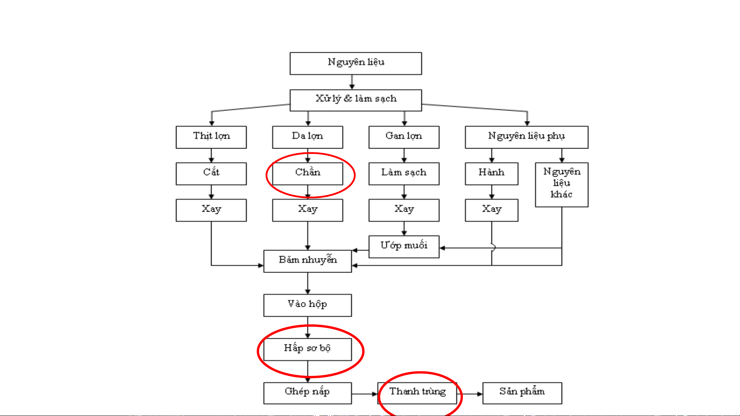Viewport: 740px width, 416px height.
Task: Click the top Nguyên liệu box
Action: [x=356, y=63]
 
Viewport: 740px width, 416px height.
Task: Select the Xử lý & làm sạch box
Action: [x=356, y=100]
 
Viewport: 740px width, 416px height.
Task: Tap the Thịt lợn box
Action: [x=211, y=137]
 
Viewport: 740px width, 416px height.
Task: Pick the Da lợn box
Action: [x=307, y=137]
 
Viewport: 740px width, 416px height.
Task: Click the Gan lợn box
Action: [x=404, y=137]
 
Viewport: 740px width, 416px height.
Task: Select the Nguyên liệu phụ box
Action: [x=526, y=137]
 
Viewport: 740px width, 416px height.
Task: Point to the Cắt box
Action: [x=211, y=174]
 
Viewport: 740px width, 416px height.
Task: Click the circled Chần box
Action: [x=307, y=174]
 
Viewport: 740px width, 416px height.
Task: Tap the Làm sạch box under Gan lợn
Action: [x=404, y=174]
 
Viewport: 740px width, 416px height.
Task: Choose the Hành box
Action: [x=492, y=174]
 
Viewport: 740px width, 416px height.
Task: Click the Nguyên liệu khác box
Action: [x=562, y=184]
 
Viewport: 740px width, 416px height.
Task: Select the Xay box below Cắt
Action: [x=211, y=210]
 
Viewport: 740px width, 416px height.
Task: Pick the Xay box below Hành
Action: [x=492, y=210]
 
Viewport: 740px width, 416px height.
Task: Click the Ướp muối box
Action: [x=404, y=247]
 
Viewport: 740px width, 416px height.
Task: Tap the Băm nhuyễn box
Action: [x=307, y=261]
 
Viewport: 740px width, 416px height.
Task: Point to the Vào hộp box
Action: [x=307, y=305]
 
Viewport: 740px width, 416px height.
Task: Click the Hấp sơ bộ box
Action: [x=307, y=349]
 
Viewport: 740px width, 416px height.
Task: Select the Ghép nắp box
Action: [x=307, y=393]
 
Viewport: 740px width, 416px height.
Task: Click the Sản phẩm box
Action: [x=522, y=393]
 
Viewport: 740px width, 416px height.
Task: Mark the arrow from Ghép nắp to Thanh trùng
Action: [x=364, y=394]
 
